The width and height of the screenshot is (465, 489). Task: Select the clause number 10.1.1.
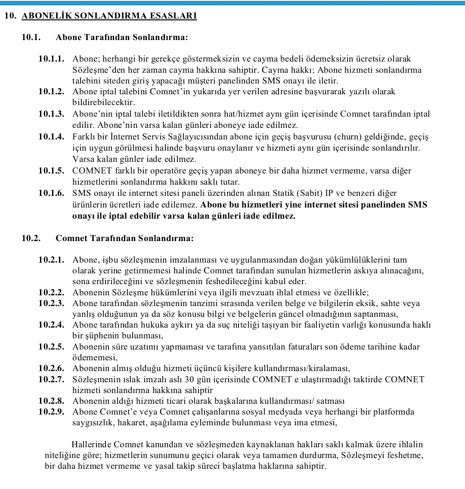(x=51, y=59)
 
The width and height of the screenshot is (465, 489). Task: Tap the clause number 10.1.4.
(x=51, y=137)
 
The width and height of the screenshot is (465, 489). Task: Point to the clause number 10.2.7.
(x=51, y=379)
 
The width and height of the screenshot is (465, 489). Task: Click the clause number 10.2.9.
(x=51, y=412)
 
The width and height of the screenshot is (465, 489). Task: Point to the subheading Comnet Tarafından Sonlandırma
(x=124, y=238)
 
